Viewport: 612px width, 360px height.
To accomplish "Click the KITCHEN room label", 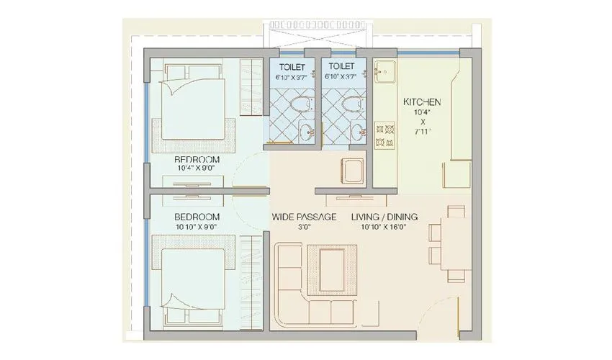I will click(x=422, y=102).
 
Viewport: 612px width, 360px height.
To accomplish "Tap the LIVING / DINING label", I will click(x=384, y=217).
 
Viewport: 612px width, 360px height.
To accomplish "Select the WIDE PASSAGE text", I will click(x=304, y=217).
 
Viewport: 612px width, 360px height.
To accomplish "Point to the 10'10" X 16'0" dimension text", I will click(x=384, y=228).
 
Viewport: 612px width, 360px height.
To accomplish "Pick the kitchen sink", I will click(x=383, y=73).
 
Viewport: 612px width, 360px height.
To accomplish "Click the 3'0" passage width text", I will click(x=304, y=228).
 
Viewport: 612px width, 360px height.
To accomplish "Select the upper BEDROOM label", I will click(x=197, y=158).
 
